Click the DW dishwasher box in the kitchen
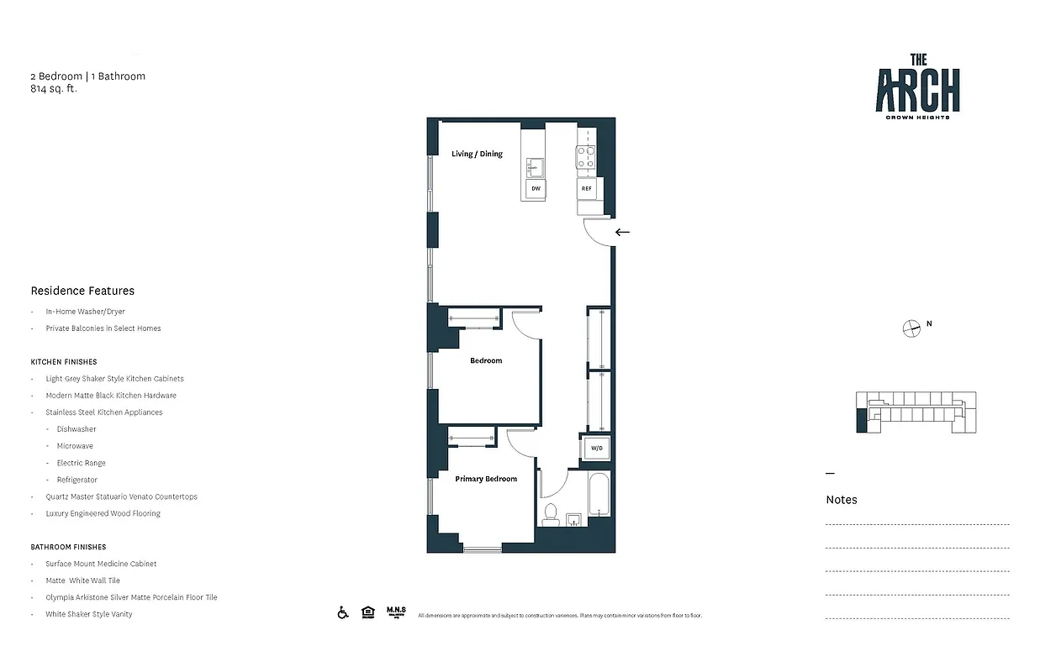(535, 190)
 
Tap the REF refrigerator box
(586, 189)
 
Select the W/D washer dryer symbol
(596, 449)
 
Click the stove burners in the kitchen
(585, 157)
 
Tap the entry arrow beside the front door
(622, 232)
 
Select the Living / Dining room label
(477, 154)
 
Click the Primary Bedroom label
(486, 479)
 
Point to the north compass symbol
(911, 328)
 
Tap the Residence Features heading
(82, 291)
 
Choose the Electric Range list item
(82, 463)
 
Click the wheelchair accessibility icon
(343, 612)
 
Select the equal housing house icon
(367, 612)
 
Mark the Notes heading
(842, 499)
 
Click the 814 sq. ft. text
(54, 87)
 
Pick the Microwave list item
(75, 446)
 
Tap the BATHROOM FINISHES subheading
(68, 547)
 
